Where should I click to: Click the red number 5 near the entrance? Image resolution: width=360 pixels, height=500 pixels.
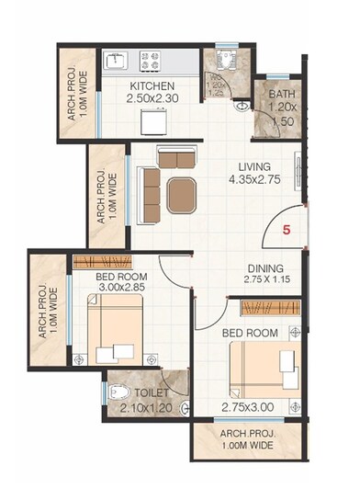286,232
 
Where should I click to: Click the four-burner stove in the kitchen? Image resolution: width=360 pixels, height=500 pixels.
150,62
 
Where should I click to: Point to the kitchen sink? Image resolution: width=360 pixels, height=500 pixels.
116,62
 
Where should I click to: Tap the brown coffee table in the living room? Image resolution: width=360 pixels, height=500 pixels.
180,194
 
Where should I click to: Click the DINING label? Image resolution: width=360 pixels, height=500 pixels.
264,267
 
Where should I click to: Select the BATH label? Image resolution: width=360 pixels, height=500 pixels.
282,95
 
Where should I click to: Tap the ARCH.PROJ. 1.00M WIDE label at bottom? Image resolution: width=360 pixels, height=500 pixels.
247,438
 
